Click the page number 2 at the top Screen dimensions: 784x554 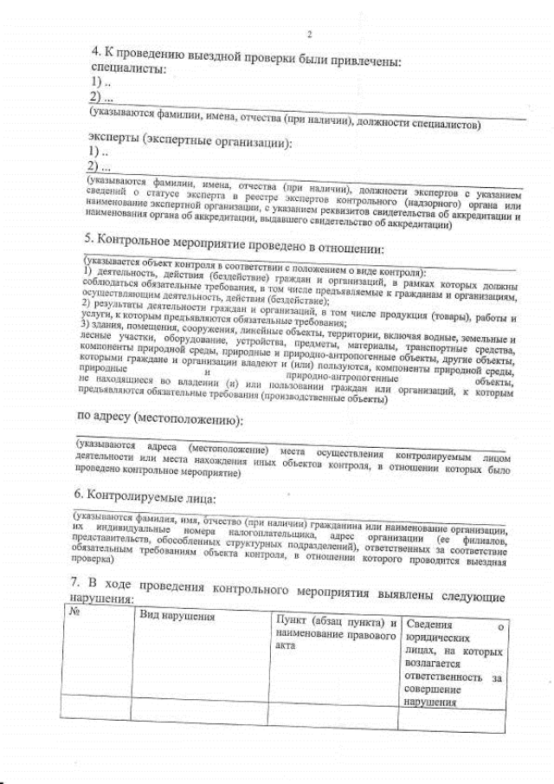pyautogui.click(x=309, y=35)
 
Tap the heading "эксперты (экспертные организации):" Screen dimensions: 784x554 pyautogui.click(x=190, y=143)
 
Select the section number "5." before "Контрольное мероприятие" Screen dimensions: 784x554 pyautogui.click(x=89, y=238)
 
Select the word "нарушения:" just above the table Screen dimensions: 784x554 pyautogui.click(x=102, y=599)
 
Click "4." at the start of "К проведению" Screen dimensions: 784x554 pyautogui.click(x=96, y=54)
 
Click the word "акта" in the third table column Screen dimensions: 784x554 pyautogui.click(x=285, y=647)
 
